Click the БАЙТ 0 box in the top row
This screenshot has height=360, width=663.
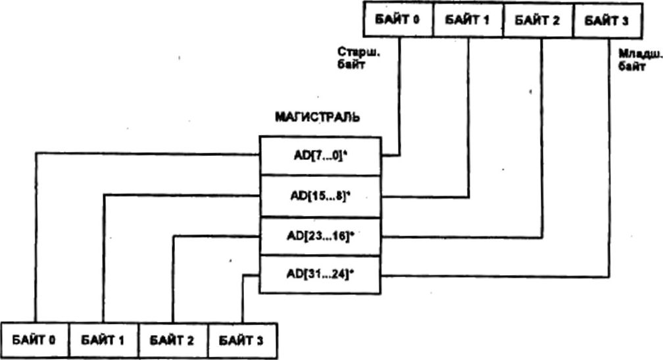tap(398, 19)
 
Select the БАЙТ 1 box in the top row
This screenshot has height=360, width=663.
tap(468, 19)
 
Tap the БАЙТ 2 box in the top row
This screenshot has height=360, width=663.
tap(537, 19)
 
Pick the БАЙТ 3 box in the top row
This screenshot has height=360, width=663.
tap(606, 19)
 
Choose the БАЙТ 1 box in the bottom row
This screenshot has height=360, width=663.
tap(103, 340)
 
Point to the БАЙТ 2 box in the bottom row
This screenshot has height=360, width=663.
tap(173, 340)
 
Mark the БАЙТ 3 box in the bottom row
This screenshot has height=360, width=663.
tap(241, 340)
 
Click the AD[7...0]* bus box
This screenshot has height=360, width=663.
tap(320, 156)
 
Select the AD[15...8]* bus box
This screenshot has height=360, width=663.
tap(320, 195)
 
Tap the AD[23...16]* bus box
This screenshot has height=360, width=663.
tap(320, 236)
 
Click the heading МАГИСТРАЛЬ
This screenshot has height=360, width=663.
tap(317, 118)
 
